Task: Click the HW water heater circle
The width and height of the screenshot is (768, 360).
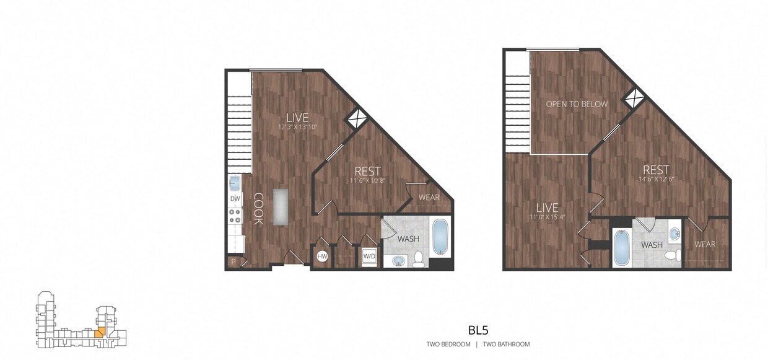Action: (322, 257)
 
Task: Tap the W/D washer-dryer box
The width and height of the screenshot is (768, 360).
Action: (369, 256)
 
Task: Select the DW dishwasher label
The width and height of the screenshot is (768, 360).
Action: (235, 199)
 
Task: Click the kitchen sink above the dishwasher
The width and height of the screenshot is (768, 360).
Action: (235, 183)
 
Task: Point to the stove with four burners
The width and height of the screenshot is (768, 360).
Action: (235, 216)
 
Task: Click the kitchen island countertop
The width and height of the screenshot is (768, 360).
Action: (281, 206)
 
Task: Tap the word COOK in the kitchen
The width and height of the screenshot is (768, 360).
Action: (258, 209)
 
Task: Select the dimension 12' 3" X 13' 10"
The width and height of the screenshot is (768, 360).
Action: (297, 127)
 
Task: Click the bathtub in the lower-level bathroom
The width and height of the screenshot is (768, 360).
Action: (439, 237)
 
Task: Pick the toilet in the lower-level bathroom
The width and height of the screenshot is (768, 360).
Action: (419, 259)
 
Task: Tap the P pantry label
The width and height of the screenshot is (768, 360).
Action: (233, 262)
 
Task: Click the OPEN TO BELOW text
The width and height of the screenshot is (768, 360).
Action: (577, 104)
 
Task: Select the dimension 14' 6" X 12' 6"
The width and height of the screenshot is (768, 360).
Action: (656, 180)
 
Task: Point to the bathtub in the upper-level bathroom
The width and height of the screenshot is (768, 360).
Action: (621, 248)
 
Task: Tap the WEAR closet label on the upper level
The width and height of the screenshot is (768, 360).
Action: (705, 244)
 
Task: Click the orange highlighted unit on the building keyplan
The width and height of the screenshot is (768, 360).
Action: (98, 331)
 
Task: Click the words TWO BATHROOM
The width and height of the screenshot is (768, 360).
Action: (506, 344)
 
